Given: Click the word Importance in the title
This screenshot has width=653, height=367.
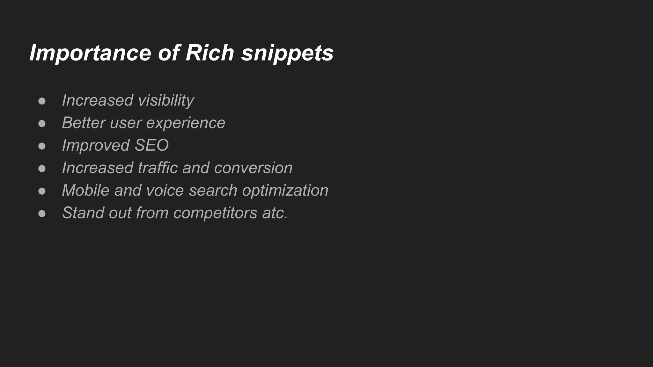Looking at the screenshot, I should [x=90, y=53].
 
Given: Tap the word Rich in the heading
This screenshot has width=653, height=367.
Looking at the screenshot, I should [x=210, y=53].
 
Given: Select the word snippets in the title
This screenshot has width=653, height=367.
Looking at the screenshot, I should [x=287, y=53].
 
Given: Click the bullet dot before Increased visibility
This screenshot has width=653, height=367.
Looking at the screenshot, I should [x=42, y=101].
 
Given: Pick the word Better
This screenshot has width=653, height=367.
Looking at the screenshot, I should [x=84, y=123].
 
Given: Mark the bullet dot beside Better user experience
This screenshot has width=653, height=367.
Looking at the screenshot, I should [x=42, y=124].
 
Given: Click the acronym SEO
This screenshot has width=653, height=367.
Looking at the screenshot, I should [x=151, y=145].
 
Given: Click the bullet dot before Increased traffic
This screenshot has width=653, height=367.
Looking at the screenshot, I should [x=42, y=169].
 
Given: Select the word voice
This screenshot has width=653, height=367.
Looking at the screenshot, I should [x=165, y=190].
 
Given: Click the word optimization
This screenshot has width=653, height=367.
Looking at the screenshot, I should [x=285, y=191].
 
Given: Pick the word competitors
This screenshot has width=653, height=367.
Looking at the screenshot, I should [x=215, y=213].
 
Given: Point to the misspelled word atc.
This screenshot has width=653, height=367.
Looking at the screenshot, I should [x=275, y=213].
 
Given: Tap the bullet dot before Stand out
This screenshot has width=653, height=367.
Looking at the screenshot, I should [x=42, y=213].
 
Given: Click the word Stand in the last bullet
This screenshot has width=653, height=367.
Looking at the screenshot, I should [x=83, y=213].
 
